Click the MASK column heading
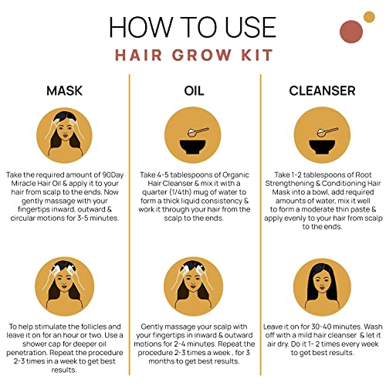[x=64, y=90]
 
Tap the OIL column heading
[x=194, y=90]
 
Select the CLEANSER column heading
[x=322, y=90]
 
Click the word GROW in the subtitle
[x=201, y=55]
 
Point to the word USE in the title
[x=251, y=27]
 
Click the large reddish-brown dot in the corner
[x=351, y=32]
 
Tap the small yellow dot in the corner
[x=369, y=17]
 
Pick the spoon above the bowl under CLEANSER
[x=327, y=132]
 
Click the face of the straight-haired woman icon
[x=322, y=283]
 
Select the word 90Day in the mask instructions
[x=113, y=175]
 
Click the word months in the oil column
[x=161, y=361]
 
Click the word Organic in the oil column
[x=235, y=175]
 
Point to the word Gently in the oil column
[x=152, y=327]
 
